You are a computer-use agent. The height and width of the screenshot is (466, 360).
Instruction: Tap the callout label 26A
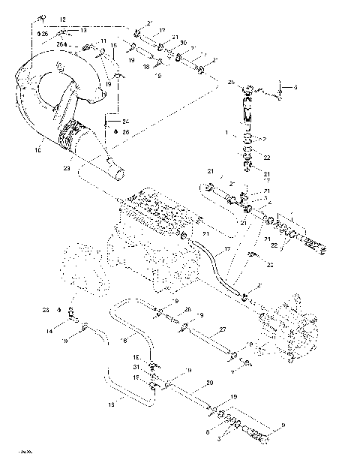(x=61, y=44)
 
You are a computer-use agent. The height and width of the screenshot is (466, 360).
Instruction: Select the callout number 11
(x=103, y=41)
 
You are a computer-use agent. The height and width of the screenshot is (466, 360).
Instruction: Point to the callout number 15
(x=114, y=46)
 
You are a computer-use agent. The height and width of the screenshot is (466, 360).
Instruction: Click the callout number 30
(x=184, y=43)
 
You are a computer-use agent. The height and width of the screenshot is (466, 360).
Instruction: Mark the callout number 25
(x=231, y=82)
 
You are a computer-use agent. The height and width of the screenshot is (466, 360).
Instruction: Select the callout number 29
(x=209, y=383)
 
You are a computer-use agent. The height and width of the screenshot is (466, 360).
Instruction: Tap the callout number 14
(x=49, y=330)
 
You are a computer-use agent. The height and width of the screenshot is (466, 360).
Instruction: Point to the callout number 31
(x=137, y=367)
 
